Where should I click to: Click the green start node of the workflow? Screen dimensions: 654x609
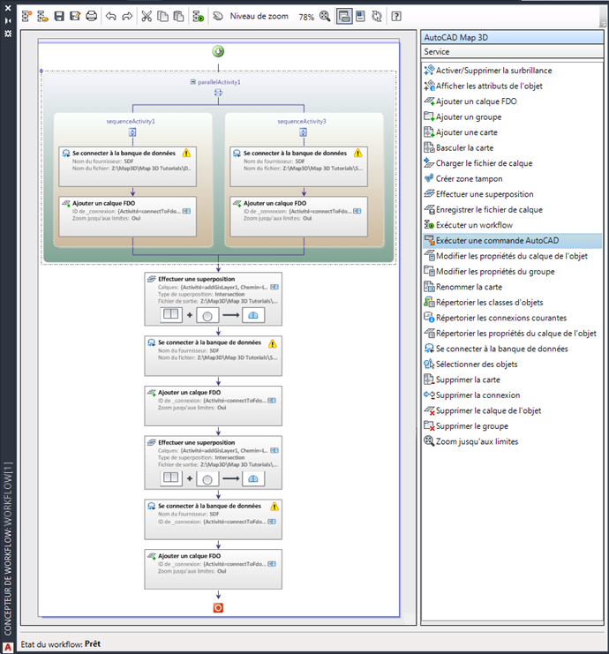218,51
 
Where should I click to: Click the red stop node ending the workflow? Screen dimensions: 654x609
218,608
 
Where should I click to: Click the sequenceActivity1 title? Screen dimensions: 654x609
132,121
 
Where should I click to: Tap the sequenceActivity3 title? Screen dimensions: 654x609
302,121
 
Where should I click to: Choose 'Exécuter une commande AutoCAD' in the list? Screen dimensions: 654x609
497,240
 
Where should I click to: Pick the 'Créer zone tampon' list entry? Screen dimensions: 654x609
469,178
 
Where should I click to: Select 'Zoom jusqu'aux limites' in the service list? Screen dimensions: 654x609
477,441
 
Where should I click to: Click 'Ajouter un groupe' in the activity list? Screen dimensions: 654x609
469,117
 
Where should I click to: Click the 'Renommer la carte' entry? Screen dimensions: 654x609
470,287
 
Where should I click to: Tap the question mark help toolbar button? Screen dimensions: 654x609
396,17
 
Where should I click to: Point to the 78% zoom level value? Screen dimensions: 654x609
306,17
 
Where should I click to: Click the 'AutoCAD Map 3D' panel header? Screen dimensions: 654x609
456,38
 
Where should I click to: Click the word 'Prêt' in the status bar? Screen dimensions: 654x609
93,644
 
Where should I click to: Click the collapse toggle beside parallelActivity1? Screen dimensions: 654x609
192,82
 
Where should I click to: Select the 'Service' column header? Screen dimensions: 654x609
437,52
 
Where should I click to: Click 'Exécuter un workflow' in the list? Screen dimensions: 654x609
474,225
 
